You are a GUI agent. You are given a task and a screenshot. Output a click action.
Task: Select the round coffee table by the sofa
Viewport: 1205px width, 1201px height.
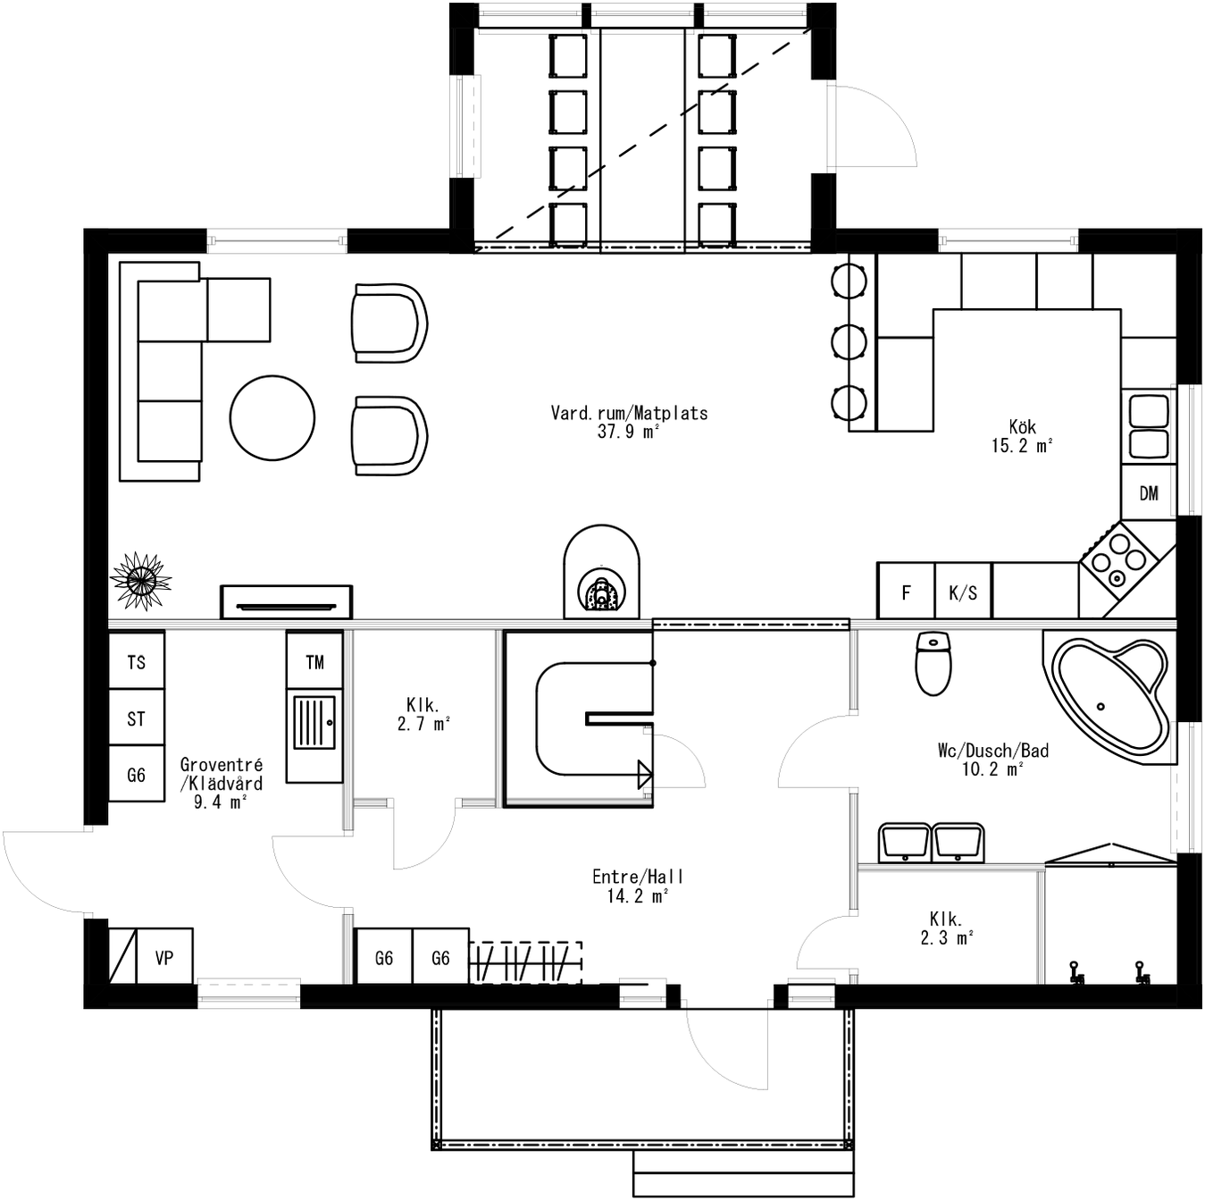[x=272, y=417]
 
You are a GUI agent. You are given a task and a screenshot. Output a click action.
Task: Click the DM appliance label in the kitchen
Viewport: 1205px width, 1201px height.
[x=1149, y=493]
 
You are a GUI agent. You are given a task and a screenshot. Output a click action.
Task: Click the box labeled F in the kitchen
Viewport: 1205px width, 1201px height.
[x=906, y=592]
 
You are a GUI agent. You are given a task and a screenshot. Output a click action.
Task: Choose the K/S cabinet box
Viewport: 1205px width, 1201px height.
[x=963, y=592]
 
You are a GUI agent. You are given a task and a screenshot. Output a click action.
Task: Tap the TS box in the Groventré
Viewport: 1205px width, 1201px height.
[x=136, y=661]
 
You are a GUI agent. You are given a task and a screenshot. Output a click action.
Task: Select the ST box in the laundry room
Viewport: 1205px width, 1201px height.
[x=136, y=718]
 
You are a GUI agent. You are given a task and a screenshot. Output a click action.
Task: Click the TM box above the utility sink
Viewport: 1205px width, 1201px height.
[x=314, y=661]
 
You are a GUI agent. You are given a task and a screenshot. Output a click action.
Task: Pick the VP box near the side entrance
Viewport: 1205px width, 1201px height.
[x=163, y=958]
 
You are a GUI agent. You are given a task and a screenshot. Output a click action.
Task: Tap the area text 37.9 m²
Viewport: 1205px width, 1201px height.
[x=628, y=432]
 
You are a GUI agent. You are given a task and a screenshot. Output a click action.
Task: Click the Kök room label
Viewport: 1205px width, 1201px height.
[x=1022, y=427]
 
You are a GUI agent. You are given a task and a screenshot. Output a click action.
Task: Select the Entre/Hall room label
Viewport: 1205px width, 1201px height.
[x=637, y=877]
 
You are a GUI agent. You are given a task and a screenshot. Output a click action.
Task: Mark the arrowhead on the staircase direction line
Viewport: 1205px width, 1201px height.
[x=645, y=774]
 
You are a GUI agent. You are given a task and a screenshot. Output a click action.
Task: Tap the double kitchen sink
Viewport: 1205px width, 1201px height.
[x=1149, y=426]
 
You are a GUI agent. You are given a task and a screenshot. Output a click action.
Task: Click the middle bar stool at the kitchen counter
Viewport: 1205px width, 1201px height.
[x=849, y=341]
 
